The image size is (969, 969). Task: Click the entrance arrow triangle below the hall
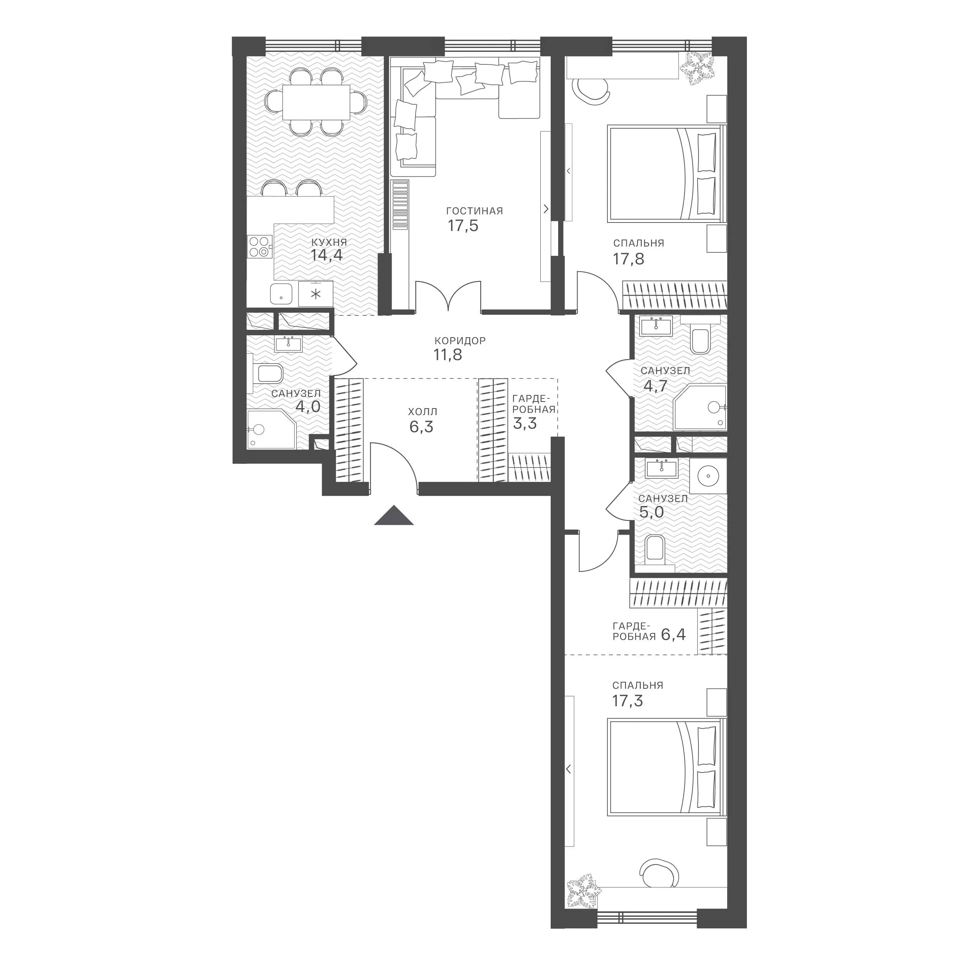(394, 516)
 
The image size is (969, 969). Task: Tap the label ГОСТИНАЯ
(474, 211)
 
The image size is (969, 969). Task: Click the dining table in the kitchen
(316, 102)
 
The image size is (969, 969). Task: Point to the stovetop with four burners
(260, 246)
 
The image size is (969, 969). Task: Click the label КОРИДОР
(460, 341)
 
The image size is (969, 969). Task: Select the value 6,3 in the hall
(421, 427)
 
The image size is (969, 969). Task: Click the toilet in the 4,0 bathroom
(267, 373)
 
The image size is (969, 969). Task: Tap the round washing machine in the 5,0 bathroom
(708, 475)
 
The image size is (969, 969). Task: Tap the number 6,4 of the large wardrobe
(673, 635)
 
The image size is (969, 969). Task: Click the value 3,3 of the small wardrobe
(525, 423)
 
